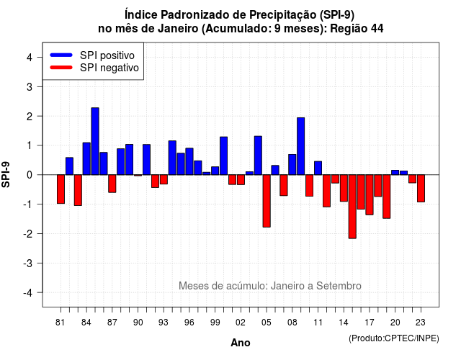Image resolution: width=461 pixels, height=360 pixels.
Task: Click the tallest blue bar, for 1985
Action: (95, 141)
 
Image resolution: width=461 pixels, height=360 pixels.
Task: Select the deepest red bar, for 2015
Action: (352, 207)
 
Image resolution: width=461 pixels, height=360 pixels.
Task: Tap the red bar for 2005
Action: (267, 201)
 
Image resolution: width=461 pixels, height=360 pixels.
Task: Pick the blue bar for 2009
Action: (301, 146)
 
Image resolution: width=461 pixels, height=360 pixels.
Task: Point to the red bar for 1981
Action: (61, 189)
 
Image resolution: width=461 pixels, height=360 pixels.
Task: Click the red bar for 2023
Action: (421, 189)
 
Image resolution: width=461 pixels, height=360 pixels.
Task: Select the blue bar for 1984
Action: (86, 158)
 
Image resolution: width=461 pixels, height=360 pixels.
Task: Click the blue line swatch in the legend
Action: (61, 55)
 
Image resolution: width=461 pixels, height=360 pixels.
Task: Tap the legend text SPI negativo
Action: (109, 68)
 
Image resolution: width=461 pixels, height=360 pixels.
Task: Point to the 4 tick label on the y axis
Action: (30, 58)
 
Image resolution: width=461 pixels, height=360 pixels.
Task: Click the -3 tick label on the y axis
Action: (27, 264)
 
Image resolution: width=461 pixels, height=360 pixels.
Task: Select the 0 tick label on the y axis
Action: (30, 175)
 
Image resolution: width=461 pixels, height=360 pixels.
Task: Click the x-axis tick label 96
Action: (189, 323)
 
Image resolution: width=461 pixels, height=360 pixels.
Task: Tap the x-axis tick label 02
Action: (241, 323)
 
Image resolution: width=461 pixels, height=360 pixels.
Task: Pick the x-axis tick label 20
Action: (395, 323)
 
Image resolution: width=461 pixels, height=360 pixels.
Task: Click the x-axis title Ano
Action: (241, 343)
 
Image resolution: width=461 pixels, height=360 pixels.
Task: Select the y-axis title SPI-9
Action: (6, 174)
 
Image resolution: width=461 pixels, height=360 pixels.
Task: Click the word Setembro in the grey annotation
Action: (339, 286)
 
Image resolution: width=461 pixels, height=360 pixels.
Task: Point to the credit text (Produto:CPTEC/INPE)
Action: (394, 338)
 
